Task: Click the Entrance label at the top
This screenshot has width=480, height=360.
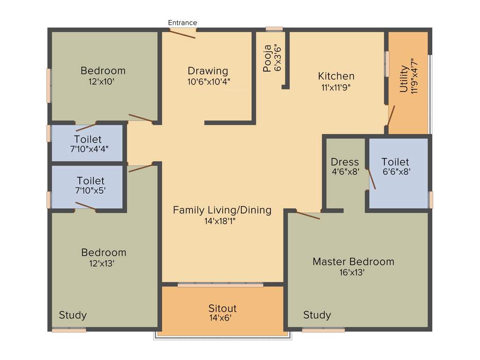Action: [182, 22]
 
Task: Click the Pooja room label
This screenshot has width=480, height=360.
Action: [267, 58]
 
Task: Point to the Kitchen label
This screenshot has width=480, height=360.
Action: [336, 76]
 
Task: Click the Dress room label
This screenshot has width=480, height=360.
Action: [345, 162]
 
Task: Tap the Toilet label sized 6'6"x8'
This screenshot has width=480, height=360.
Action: [395, 162]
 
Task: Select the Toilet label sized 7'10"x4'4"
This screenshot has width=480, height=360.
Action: [88, 140]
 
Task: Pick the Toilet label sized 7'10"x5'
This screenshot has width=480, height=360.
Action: [90, 180]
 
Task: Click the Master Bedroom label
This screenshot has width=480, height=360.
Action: [353, 262]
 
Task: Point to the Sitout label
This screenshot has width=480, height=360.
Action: [222, 308]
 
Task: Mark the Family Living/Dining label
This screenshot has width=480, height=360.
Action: [222, 210]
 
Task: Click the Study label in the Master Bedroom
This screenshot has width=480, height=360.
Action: [317, 315]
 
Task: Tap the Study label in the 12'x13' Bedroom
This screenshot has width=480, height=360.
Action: [73, 315]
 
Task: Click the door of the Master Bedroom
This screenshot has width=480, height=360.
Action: [308, 215]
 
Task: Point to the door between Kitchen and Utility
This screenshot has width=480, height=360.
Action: [391, 115]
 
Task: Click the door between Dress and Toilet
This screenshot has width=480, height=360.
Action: [371, 179]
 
